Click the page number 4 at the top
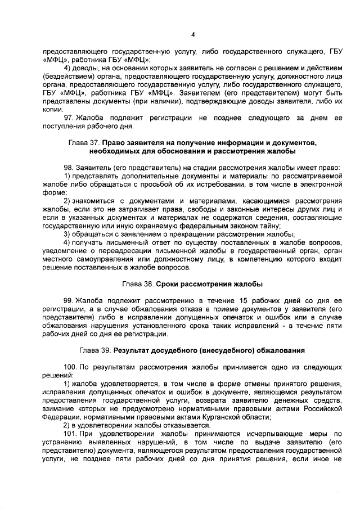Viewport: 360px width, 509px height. pyautogui.click(x=192, y=34)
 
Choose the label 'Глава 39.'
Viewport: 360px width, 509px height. pyautogui.click(x=95, y=350)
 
